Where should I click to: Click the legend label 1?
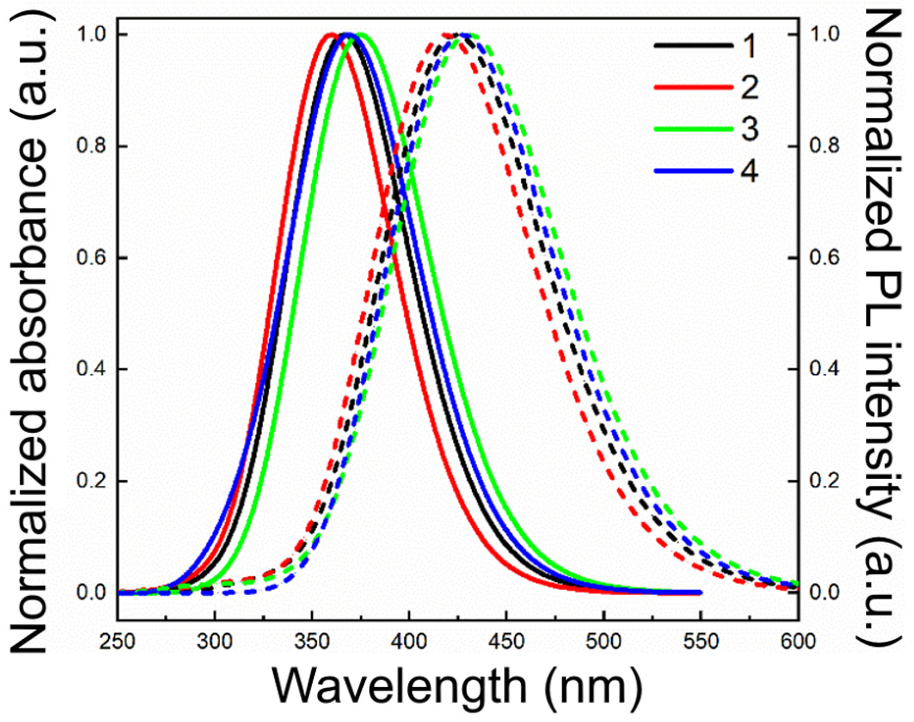point(749,47)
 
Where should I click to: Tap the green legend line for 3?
point(693,129)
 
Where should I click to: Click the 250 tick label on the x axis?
point(117,642)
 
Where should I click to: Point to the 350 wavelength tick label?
point(312,642)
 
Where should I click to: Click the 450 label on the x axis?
point(506,642)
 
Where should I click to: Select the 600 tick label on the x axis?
point(798,642)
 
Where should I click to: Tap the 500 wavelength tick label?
point(604,642)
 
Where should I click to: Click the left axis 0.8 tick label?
point(92,146)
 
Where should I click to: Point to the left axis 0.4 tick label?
point(92,369)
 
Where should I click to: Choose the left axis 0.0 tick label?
point(92,593)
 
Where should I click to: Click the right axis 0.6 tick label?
point(824,258)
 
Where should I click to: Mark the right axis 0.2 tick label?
point(824,481)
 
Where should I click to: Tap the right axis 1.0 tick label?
point(824,34)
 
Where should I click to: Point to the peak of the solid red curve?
point(330,34)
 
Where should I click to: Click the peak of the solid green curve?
point(361,34)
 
